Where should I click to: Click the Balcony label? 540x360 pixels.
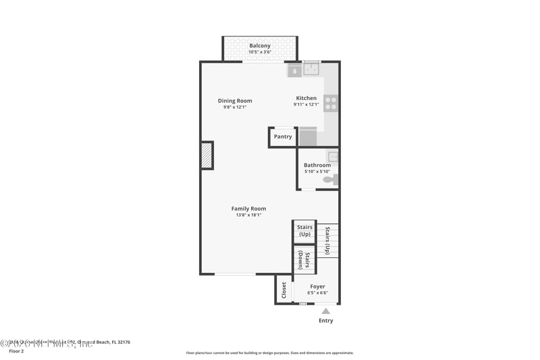[x=260, y=46]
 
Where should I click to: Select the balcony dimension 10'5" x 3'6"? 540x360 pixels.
[x=260, y=52]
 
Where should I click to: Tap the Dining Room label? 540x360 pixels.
[x=235, y=101]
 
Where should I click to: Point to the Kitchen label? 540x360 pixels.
[x=306, y=98]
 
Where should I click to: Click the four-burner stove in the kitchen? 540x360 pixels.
[x=331, y=103]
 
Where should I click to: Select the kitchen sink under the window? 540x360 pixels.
[x=312, y=68]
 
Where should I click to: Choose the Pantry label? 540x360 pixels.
[x=283, y=136]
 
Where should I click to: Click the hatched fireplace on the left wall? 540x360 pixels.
[x=207, y=155]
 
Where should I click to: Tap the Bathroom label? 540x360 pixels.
[x=317, y=165]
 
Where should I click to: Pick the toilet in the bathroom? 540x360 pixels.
[x=329, y=180]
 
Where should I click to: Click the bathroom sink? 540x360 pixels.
[x=332, y=157]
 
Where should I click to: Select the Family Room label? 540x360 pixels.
[x=248, y=209]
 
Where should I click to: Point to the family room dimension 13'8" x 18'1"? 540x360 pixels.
[x=248, y=215]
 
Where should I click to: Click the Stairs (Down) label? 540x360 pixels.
[x=304, y=260]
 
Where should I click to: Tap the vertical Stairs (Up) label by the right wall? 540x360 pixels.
[x=327, y=240]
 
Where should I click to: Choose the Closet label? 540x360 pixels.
[x=284, y=290]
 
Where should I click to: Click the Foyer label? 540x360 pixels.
[x=317, y=286]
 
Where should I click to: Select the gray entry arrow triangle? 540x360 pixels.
[x=325, y=311]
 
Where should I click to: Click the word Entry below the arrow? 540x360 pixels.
[x=325, y=320]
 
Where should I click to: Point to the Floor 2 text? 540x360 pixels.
[x=16, y=351]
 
